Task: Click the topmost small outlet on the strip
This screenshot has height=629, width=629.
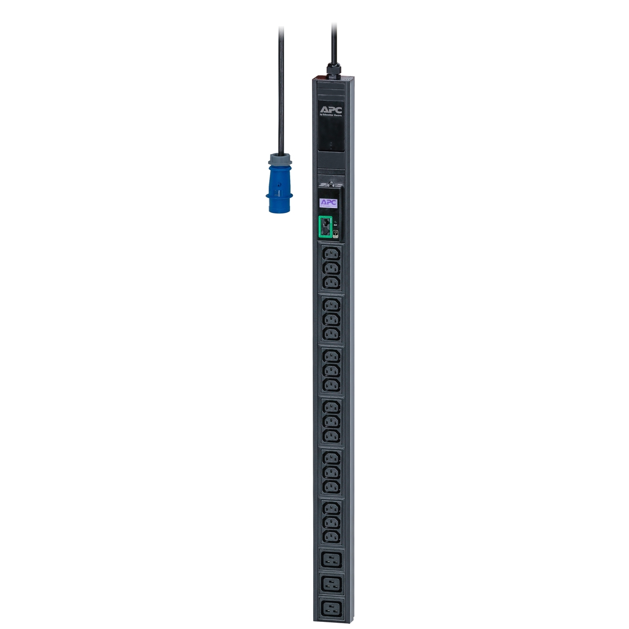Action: [x=331, y=254]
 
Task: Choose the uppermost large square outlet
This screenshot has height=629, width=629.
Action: [x=331, y=559]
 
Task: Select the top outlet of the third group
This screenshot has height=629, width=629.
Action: [x=331, y=356]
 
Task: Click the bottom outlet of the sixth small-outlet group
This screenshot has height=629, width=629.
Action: [x=331, y=536]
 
